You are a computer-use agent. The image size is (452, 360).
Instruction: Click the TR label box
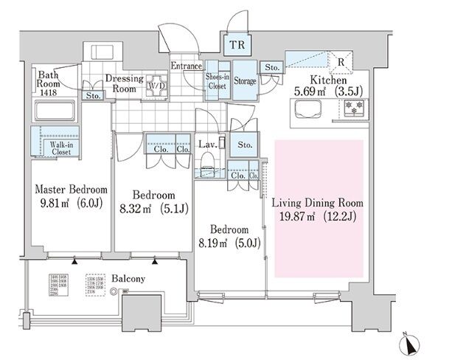click(238, 45)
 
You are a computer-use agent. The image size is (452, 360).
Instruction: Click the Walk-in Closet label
click(55, 149)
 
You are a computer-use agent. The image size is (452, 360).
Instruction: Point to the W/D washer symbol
click(156, 84)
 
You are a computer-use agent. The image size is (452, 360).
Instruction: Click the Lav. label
click(207, 145)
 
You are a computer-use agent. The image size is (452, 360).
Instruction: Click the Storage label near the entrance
click(246, 80)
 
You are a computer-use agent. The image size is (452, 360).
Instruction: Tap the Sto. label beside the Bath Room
click(94, 96)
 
